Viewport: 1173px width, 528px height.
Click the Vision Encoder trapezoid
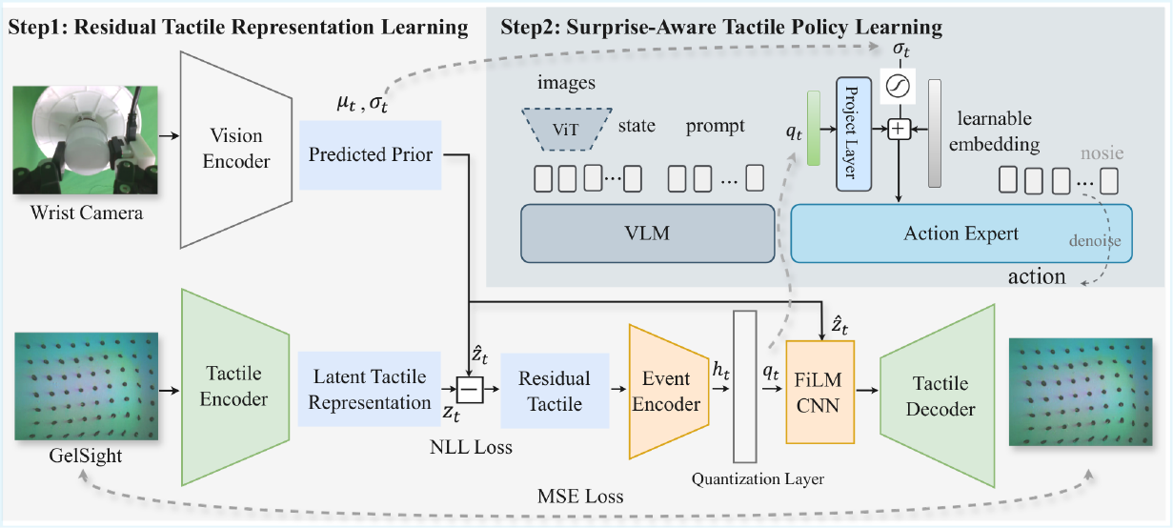[x=236, y=150]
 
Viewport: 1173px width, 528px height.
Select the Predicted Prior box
[x=371, y=155]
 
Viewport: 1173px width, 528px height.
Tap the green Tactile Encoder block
[x=235, y=387]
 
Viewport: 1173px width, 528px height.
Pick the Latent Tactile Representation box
[x=369, y=389]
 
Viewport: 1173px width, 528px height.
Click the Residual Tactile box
[x=555, y=391]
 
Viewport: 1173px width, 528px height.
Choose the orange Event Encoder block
[x=669, y=392]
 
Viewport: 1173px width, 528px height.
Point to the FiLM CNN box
[x=820, y=393]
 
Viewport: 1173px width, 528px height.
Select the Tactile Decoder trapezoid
[x=938, y=396]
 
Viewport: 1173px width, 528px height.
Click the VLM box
[x=647, y=234]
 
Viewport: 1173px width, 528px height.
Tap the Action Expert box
[x=961, y=234]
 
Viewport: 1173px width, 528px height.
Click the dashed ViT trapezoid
[x=567, y=129]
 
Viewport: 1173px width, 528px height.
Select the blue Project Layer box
[x=854, y=134]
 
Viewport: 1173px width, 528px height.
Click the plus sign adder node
[x=900, y=129]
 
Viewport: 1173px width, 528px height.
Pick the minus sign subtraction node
[x=470, y=390]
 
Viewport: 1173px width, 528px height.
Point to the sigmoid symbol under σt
[x=898, y=86]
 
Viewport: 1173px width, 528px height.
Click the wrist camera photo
[x=86, y=140]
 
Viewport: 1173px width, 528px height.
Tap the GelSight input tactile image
[x=87, y=386]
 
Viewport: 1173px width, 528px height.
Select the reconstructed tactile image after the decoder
[x=1081, y=392]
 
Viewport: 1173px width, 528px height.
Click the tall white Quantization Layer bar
[x=744, y=387]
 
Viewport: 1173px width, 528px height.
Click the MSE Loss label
[x=580, y=497]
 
